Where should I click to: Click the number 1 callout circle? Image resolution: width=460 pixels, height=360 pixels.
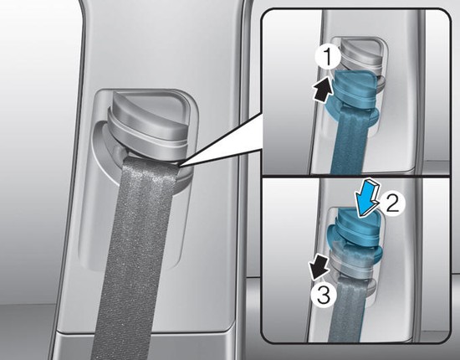tap(329, 58)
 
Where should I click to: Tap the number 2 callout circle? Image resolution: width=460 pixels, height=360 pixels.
tap(392, 203)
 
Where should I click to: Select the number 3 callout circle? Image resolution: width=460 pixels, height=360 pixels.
tap(324, 295)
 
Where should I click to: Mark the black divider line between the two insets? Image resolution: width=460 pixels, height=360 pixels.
tap(355, 177)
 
